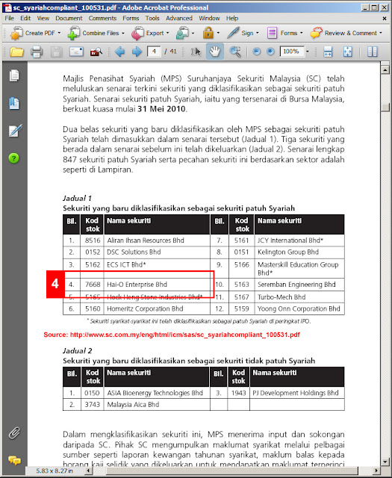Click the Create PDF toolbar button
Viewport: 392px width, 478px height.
pos(35,33)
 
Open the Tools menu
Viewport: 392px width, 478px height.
pos(152,18)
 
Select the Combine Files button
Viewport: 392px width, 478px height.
pos(96,33)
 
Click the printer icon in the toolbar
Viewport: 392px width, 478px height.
pos(37,52)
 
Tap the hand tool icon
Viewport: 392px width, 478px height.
pos(214,52)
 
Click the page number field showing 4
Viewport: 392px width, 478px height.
pos(154,52)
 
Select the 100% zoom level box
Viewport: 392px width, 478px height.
pos(292,52)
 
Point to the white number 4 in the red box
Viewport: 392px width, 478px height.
pos(55,284)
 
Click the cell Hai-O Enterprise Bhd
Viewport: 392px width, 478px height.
pos(137,285)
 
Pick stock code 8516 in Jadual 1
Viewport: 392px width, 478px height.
pos(93,240)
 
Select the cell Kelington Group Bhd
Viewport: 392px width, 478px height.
pos(288,252)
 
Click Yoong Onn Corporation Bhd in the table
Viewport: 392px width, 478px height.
pos(299,308)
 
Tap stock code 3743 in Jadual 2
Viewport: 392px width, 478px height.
pos(92,405)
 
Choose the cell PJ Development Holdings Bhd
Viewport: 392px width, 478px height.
pos(296,393)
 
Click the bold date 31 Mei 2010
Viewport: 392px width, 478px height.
pos(161,109)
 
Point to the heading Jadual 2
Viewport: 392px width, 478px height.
pos(78,350)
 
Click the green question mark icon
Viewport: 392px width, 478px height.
pos(13,158)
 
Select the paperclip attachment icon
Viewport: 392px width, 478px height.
pos(14,432)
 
